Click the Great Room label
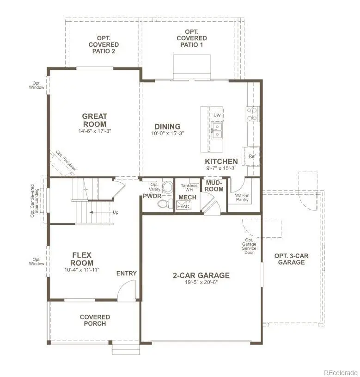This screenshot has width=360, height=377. pyautogui.click(x=94, y=120)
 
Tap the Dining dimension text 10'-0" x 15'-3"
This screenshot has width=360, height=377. pyautogui.click(x=167, y=134)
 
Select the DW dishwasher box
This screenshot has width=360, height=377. pyautogui.click(x=216, y=115)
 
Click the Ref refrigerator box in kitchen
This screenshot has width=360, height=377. pyautogui.click(x=252, y=156)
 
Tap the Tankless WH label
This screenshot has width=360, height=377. pyautogui.click(x=189, y=187)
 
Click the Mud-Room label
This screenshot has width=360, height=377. pyautogui.click(x=214, y=186)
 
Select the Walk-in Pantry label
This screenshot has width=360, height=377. pyautogui.click(x=243, y=198)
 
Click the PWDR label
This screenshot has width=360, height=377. pyautogui.click(x=152, y=196)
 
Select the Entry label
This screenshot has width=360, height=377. pyautogui.click(x=126, y=273)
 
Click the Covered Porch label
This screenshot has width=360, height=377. pyautogui.click(x=95, y=320)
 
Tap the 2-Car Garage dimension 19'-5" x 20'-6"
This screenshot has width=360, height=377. pyautogui.click(x=201, y=282)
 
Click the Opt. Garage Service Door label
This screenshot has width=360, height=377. pyautogui.click(x=249, y=246)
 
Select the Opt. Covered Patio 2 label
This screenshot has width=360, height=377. pyautogui.click(x=104, y=44)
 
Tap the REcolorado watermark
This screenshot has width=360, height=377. pyautogui.click(x=340, y=372)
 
